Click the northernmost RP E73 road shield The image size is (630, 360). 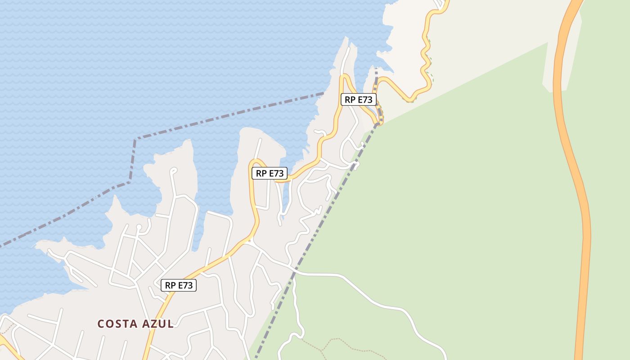coord(359,99)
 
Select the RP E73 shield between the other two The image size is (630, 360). coord(269,173)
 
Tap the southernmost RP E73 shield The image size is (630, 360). coord(179,285)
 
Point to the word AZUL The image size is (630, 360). coord(158,324)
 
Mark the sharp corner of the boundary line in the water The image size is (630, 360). coord(135,139)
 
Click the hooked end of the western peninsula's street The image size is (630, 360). coord(173,170)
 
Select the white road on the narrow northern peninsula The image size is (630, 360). coord(345,61)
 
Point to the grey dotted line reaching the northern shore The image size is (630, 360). coord(376,74)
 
